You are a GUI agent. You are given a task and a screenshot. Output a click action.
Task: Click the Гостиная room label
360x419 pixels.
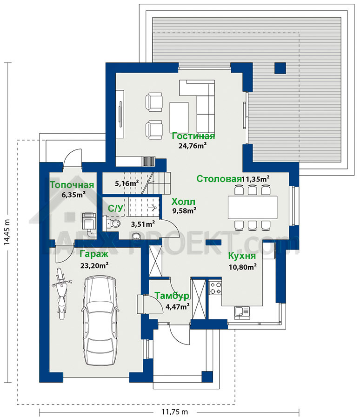coord(193,136)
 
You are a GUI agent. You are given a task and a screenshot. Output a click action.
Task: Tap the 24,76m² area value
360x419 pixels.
coord(193,146)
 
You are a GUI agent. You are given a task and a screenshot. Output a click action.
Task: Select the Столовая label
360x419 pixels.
coord(219,179)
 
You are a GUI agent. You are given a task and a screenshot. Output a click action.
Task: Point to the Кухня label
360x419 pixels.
coord(242,256)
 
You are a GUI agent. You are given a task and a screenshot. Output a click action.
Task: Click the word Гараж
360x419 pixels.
coord(94,254)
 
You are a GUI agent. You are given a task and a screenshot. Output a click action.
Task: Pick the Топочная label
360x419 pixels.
coord(72,185)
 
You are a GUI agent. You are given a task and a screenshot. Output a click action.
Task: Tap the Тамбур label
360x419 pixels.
coord(172,296)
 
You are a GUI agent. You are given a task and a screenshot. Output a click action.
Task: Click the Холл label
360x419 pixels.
coord(183,202)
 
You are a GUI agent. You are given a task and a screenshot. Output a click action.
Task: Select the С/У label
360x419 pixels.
coord(116,208)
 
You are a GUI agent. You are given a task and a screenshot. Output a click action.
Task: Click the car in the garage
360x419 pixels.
coord(100,320)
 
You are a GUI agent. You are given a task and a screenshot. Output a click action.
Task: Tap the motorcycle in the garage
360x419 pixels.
coord(61,293)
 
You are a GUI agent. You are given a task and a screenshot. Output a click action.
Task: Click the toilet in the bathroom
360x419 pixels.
coord(113,223)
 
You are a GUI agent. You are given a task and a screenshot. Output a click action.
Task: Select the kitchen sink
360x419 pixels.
coord(242,312)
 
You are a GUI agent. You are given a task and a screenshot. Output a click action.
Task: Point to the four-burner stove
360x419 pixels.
coord(215,288)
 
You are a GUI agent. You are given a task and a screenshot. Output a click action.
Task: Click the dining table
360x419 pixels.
coord(253,207)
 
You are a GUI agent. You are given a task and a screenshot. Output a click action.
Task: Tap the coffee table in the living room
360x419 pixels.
coord(179,117)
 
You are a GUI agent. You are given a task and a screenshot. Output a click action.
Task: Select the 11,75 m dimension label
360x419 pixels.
coord(175,412)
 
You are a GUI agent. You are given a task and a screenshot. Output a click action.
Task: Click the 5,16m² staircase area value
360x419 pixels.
coord(127,183)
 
